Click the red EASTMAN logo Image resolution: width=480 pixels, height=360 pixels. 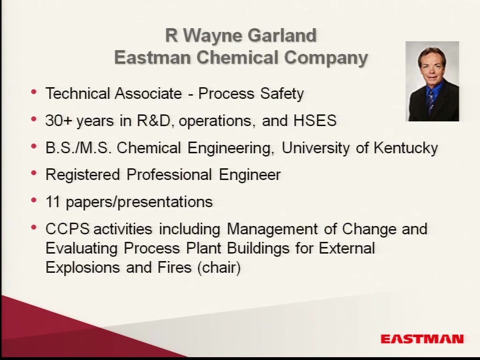422,339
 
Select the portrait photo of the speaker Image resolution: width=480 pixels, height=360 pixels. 432,81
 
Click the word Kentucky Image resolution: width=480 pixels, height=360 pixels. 405,148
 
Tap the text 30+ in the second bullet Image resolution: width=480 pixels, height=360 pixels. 59,120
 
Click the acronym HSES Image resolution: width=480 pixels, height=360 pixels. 315,120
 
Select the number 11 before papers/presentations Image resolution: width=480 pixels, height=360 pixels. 52,202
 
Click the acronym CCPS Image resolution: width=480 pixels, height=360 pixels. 67,229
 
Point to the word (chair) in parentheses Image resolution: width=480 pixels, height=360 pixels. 219,267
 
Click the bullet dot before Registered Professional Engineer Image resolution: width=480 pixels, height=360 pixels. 34,173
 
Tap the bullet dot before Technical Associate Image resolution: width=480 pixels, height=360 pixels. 34,91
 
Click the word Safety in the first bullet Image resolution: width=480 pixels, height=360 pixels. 282,94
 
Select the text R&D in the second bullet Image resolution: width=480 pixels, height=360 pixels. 153,120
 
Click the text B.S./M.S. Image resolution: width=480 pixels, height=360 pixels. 78,148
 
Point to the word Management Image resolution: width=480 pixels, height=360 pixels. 272,229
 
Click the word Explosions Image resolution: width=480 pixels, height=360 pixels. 82,268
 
